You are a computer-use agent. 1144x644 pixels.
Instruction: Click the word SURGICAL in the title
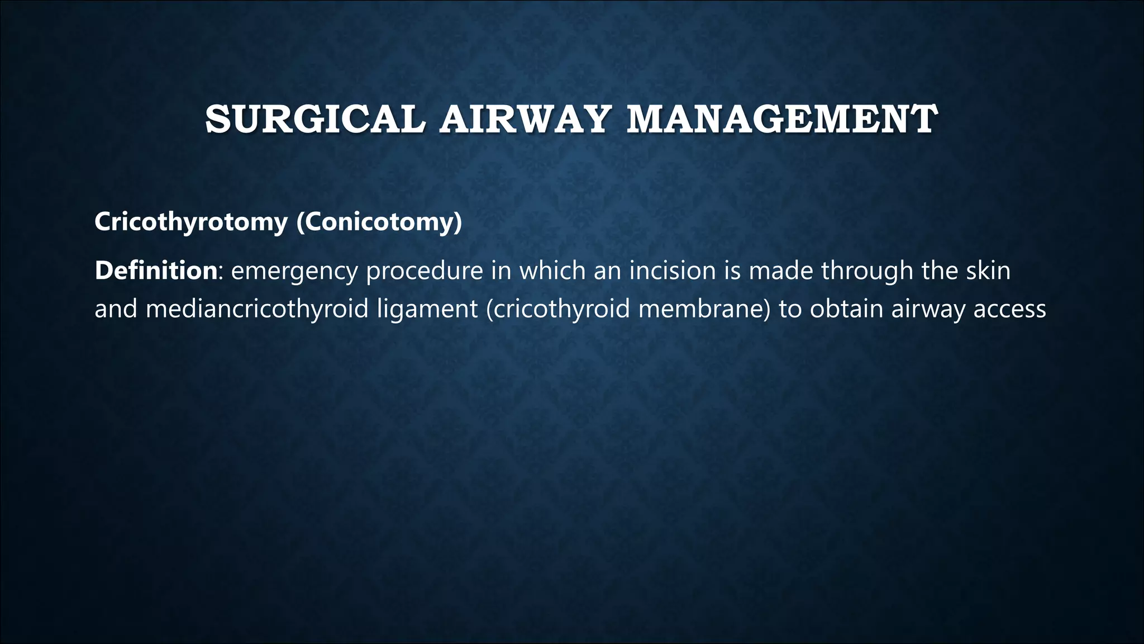click(x=315, y=119)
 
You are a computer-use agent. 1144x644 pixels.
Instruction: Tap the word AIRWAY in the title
click(x=523, y=119)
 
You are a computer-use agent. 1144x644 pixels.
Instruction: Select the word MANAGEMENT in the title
click(x=782, y=119)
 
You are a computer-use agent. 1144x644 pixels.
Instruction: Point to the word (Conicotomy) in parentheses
click(x=379, y=222)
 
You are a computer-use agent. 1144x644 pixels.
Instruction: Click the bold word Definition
click(x=156, y=271)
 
